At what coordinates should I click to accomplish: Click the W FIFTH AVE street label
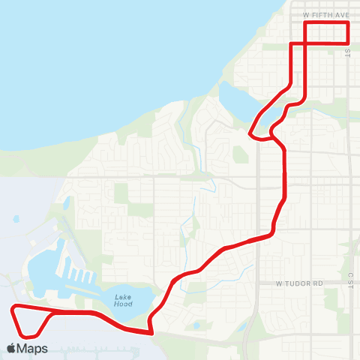point(327,14)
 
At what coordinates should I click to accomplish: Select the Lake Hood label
point(123,300)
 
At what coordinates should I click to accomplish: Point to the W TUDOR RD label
point(298,283)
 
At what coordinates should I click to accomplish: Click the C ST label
point(349,280)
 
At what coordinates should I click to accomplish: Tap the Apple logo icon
point(12,348)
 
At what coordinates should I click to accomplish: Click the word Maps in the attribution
point(33,348)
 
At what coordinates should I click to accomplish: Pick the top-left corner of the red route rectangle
point(305,23)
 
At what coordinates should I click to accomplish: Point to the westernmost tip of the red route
point(11,308)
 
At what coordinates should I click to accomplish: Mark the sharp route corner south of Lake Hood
point(151,332)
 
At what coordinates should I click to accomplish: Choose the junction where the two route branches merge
point(271,138)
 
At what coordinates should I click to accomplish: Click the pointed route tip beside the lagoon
point(250,133)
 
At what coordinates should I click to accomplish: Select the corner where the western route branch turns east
point(291,44)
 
